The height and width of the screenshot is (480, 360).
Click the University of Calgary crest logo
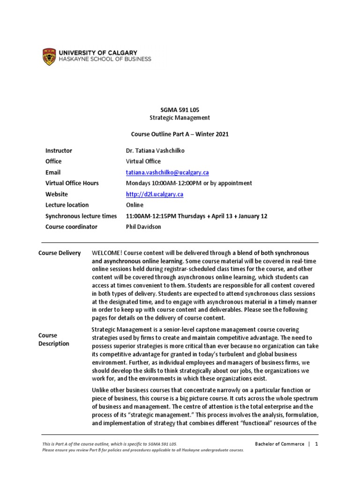48,56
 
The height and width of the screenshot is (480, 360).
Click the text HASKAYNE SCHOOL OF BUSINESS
105,60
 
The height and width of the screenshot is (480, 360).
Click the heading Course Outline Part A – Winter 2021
179,134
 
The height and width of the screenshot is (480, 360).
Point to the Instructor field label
59,151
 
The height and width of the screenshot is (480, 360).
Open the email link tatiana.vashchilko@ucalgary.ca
167,172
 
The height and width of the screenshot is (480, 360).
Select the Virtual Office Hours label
72,183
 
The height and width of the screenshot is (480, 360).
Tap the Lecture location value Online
135,205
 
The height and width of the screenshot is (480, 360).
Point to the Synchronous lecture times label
81,216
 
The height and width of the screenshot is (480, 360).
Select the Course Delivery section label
60,254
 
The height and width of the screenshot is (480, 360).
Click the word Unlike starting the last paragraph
101,390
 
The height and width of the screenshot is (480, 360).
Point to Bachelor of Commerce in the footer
279,444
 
